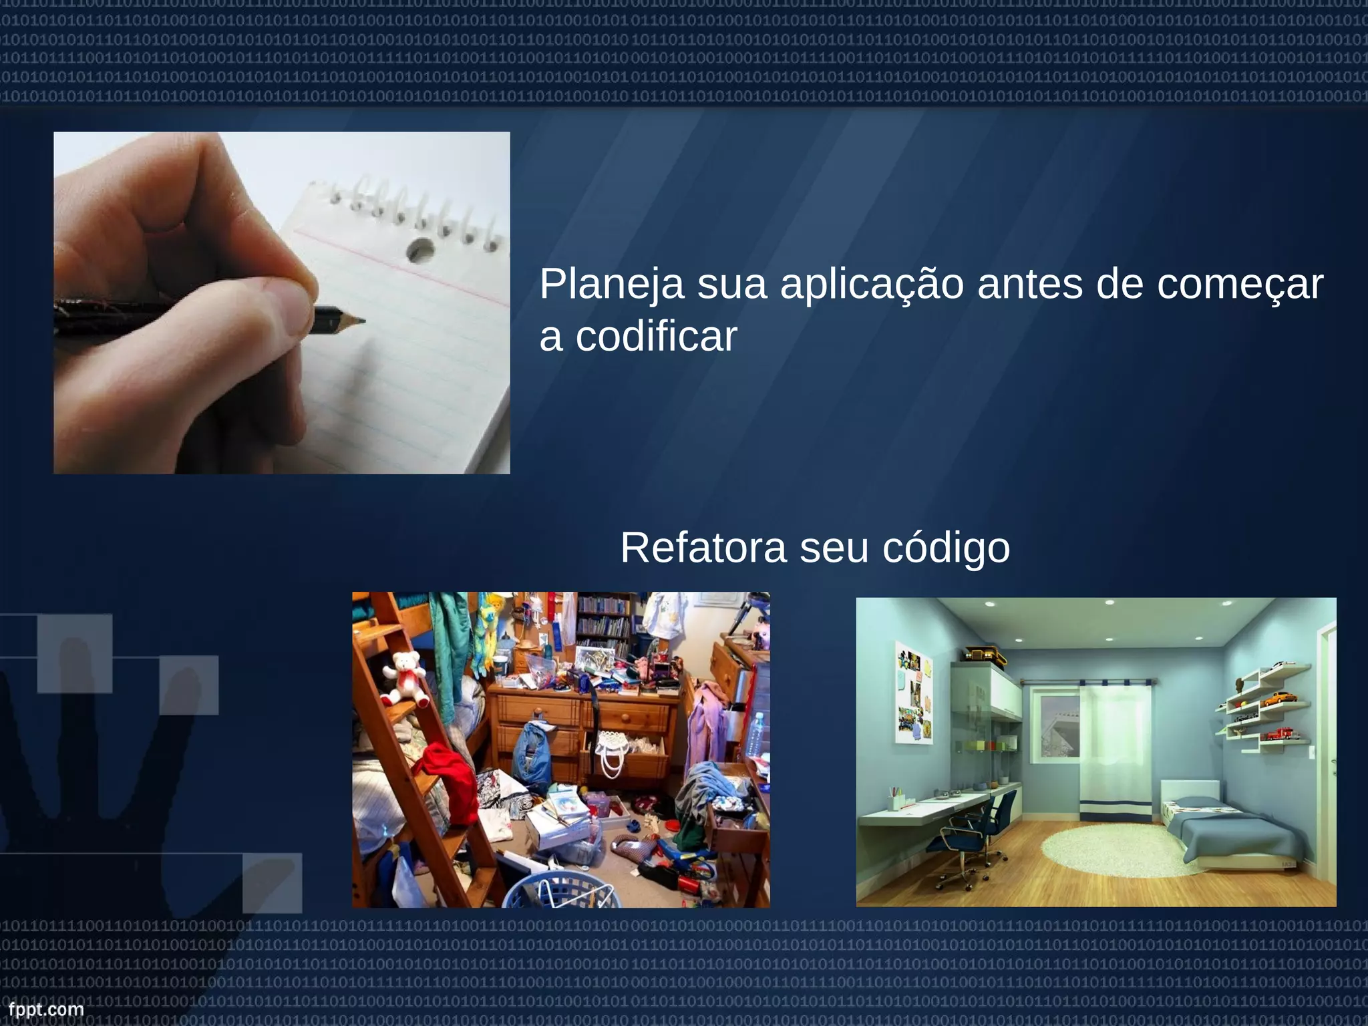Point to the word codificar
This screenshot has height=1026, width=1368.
pos(656,337)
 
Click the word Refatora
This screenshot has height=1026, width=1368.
pos(703,548)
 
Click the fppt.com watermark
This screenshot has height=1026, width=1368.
pos(45,1009)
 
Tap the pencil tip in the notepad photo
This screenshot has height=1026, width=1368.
pos(361,321)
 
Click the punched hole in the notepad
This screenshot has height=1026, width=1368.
pos(420,250)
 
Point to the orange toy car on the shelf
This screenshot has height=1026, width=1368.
pos(1279,698)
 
